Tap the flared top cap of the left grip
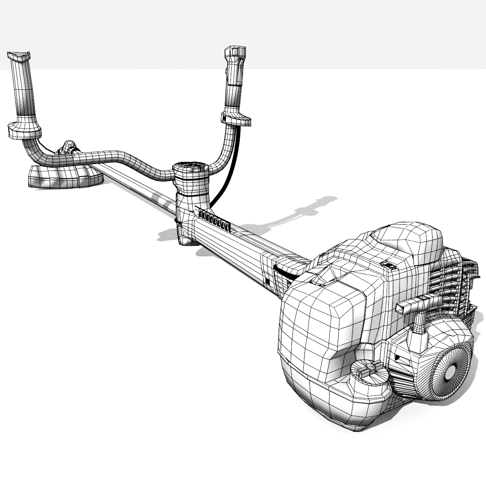coord(18,56)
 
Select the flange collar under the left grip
coord(24,130)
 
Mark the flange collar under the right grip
coord(236,118)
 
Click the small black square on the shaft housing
coord(267,280)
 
